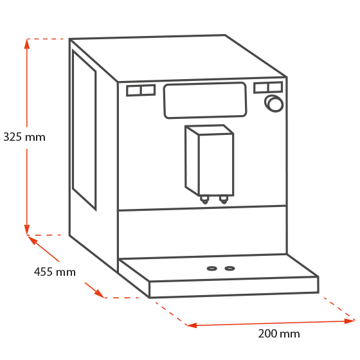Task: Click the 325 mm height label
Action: tap(24, 137)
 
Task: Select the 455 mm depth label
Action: tap(55, 272)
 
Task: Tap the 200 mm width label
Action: tap(279, 334)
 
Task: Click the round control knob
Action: tap(274, 104)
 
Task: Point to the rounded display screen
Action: tap(205, 100)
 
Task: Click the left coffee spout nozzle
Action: tap(204, 199)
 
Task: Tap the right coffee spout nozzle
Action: tap(224, 199)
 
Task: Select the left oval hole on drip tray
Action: tap(212, 269)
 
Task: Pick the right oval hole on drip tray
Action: tap(230, 269)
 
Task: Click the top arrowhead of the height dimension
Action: tap(27, 44)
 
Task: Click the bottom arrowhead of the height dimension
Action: tap(27, 230)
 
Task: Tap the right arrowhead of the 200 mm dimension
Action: tap(350, 321)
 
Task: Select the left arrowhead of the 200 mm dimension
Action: tap(192, 325)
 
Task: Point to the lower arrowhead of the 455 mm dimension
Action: tap(100, 294)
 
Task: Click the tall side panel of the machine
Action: tap(84, 130)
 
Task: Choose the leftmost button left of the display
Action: tap(134, 91)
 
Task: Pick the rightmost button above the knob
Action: tap(275, 87)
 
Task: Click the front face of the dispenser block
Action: tap(216, 165)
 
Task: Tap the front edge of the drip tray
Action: tap(234, 287)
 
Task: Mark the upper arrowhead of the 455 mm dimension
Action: tap(33, 240)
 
